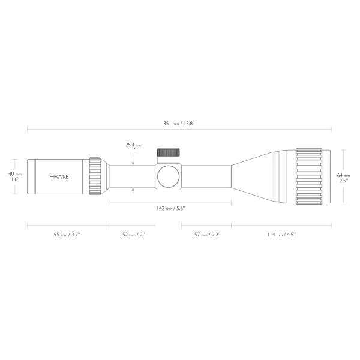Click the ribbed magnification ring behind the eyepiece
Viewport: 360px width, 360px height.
point(94,176)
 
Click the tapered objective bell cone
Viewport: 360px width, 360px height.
point(255,176)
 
